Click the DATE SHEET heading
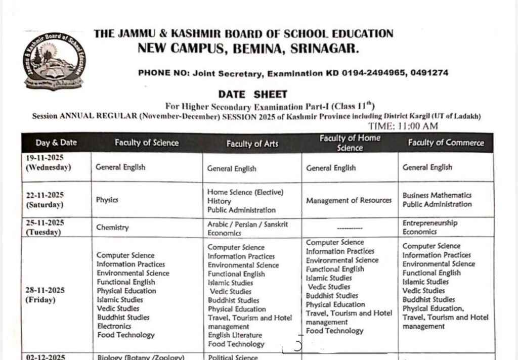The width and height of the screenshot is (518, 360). (252, 94)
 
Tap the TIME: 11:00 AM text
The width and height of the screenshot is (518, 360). (403, 126)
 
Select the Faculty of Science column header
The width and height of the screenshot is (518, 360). (147, 143)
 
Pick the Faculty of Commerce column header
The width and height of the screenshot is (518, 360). (446, 143)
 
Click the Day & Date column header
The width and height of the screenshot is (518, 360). (56, 143)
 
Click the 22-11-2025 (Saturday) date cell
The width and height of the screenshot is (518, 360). (45, 200)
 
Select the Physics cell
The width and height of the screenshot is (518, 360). (107, 200)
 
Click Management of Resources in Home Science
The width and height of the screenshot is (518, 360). (349, 200)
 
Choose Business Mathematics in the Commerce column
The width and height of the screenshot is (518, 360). (437, 195)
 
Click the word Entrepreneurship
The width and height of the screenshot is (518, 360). (430, 223)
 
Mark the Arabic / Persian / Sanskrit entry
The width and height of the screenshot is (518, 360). (247, 224)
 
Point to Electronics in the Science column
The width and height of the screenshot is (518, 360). (114, 326)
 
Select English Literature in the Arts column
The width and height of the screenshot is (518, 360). (235, 335)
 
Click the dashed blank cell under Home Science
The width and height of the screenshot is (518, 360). (349, 228)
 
